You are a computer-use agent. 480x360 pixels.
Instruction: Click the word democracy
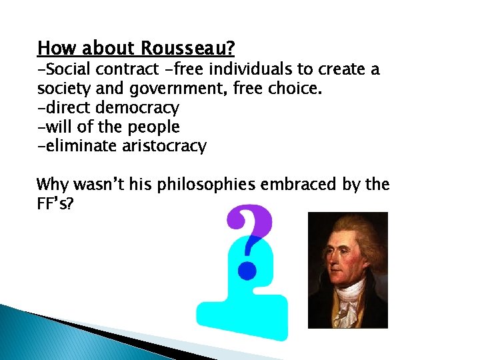click(x=137, y=107)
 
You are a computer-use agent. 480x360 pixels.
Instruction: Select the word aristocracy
click(x=164, y=146)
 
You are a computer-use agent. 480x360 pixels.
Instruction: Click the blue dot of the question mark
click(x=248, y=270)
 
